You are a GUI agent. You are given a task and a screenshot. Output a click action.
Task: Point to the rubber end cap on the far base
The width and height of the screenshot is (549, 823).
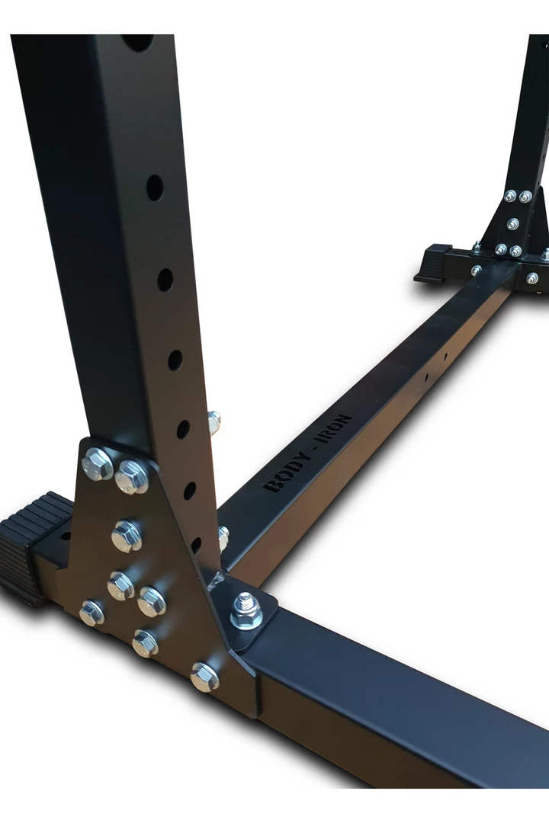point(434,263)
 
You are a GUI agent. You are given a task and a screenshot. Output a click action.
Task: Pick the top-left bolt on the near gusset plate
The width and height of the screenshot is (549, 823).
point(97,463)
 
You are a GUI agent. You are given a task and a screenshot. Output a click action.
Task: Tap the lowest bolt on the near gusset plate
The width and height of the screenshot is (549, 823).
point(204,677)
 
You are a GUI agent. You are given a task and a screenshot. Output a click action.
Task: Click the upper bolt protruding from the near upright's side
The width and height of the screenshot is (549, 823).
point(213,422)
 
